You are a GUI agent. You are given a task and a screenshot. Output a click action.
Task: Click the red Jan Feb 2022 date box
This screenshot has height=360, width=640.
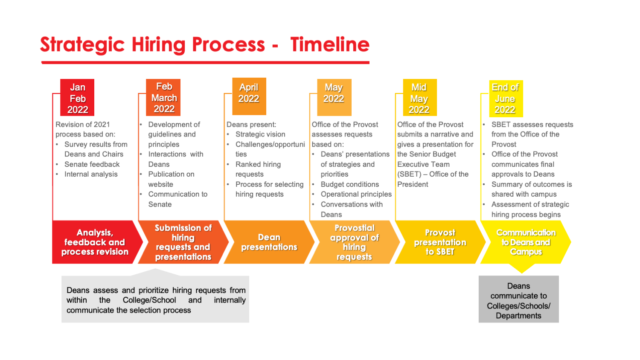77,98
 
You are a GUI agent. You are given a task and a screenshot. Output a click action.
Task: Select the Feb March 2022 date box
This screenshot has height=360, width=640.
163,97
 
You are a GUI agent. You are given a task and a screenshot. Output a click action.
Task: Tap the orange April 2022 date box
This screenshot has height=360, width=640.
249,96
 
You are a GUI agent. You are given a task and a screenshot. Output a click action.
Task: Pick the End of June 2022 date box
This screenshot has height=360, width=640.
506,99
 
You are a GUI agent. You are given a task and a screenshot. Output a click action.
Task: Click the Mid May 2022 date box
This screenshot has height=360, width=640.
419,98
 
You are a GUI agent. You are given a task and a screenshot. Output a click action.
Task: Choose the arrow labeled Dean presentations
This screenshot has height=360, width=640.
269,242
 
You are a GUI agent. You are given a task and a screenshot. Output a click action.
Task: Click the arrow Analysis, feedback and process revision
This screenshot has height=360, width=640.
95,242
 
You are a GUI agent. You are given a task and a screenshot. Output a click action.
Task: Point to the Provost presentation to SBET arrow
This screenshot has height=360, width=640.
440,242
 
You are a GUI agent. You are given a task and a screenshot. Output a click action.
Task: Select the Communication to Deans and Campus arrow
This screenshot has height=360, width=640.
526,242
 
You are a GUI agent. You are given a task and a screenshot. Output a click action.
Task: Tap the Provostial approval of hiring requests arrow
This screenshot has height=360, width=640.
354,242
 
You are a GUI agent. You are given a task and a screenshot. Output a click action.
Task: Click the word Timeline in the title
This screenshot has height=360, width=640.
330,44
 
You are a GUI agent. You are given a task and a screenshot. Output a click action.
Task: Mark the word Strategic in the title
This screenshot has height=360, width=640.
82,45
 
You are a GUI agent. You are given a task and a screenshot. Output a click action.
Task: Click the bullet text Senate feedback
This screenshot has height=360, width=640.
92,164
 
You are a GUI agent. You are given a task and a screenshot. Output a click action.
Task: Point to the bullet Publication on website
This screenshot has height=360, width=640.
171,179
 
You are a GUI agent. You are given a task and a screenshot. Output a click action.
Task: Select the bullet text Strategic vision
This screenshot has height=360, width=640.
260,134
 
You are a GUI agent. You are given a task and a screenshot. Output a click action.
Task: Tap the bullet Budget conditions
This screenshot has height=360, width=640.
350,184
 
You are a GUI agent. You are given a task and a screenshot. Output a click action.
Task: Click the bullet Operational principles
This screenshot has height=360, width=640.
356,195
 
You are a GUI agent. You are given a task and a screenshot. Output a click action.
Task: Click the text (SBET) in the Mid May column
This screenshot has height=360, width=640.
409,174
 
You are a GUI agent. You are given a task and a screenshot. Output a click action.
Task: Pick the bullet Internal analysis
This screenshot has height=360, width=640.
91,174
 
